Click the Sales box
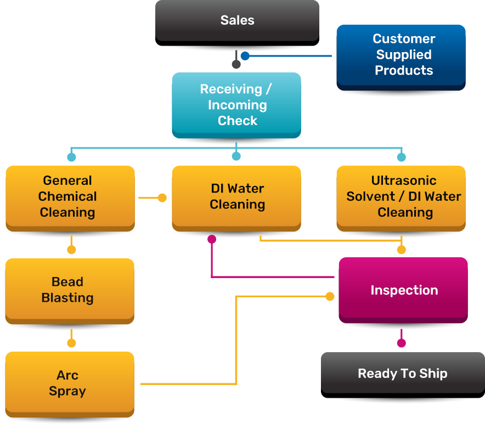(x=237, y=21)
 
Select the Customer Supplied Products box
(x=401, y=55)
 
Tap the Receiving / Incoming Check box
(x=236, y=105)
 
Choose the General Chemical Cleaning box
(x=68, y=196)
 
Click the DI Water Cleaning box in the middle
(x=236, y=196)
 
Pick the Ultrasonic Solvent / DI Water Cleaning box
(x=404, y=196)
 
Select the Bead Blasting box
(x=68, y=290)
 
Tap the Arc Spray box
(x=68, y=383)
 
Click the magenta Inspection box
(x=403, y=290)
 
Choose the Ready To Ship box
(x=402, y=374)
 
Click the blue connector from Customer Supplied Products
(x=285, y=56)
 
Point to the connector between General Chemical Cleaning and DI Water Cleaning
(x=153, y=197)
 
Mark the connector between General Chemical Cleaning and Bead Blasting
(x=71, y=246)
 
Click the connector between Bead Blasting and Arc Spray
(x=71, y=339)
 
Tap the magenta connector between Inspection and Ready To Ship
(x=401, y=339)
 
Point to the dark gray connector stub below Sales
(x=236, y=60)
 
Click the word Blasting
(x=67, y=298)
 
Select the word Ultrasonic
(x=404, y=180)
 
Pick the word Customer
(x=404, y=39)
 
